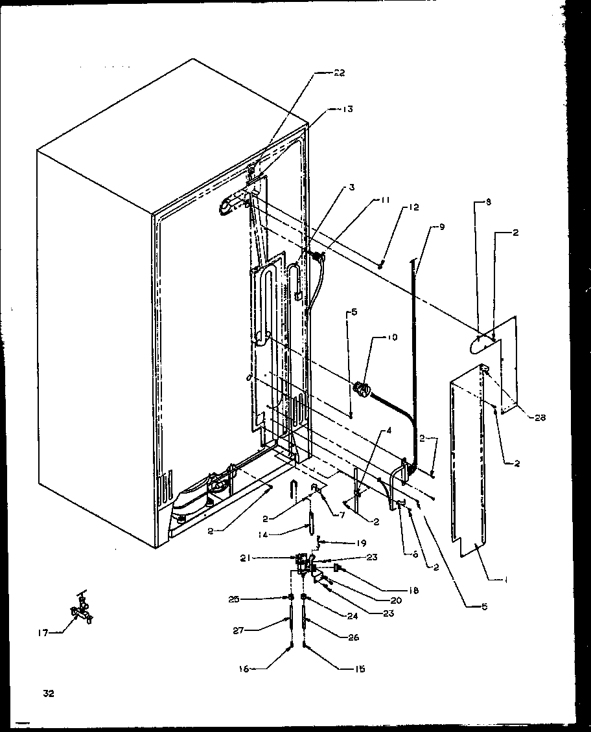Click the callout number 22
point(338,73)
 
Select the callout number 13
point(348,109)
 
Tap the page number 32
point(48,693)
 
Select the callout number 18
point(412,590)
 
